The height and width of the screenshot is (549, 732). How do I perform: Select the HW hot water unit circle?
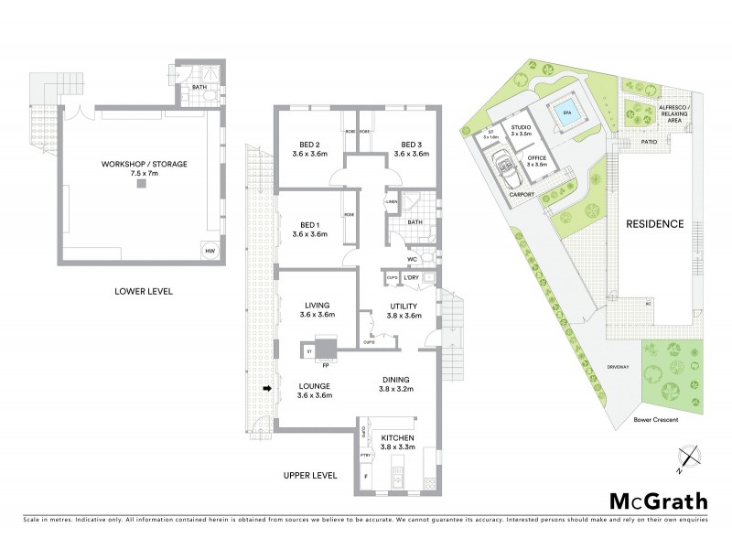(x=210, y=251)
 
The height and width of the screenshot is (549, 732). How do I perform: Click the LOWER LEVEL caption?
(x=145, y=292)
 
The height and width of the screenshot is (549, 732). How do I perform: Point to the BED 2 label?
(x=309, y=149)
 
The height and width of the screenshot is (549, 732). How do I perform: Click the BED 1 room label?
(x=309, y=230)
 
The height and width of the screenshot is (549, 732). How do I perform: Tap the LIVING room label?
(x=314, y=309)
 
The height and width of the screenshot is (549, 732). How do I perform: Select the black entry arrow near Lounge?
(x=267, y=389)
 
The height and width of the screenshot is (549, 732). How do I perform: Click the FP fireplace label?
(x=325, y=365)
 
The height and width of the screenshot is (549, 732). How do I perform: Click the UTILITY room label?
(x=403, y=309)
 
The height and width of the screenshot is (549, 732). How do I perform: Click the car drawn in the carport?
(x=503, y=168)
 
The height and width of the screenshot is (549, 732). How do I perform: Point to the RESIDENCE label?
(x=654, y=224)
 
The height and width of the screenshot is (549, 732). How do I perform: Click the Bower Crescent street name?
(x=654, y=422)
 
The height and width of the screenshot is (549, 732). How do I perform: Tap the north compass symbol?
(x=687, y=457)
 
